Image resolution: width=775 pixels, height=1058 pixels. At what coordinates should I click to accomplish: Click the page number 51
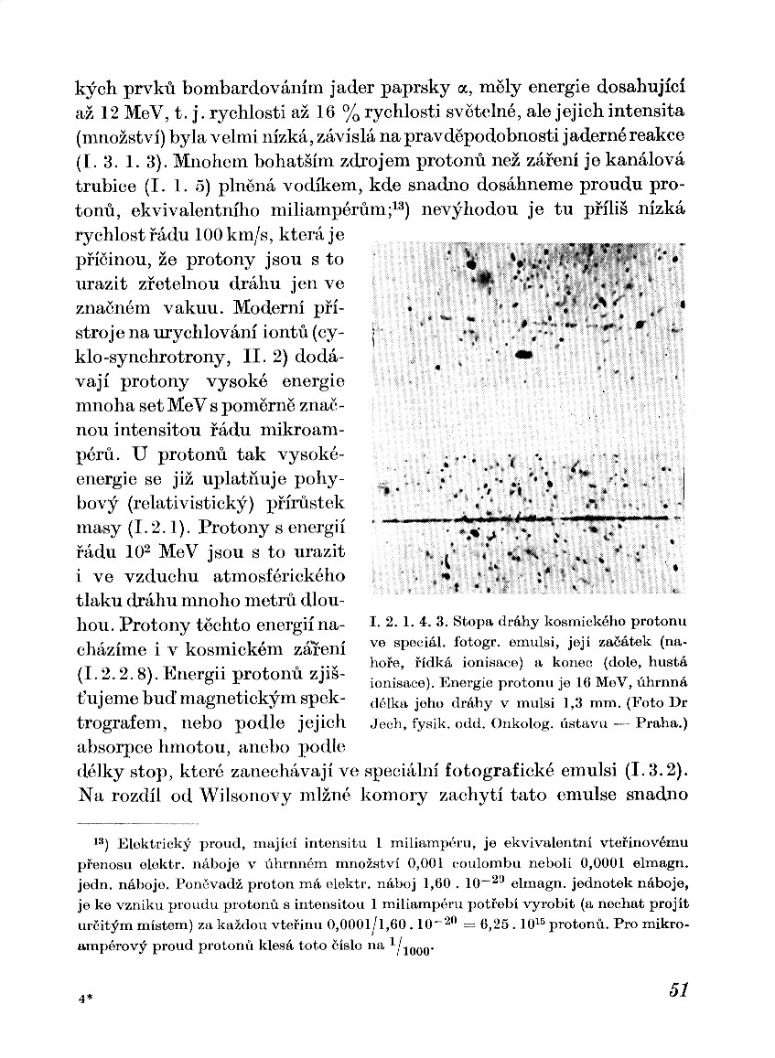point(677,989)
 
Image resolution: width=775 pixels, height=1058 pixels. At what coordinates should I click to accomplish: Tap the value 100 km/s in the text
point(209,237)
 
